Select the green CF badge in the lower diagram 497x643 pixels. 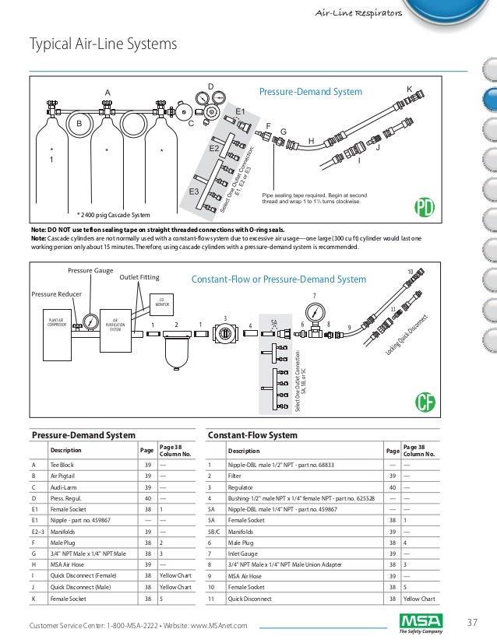pos(424,402)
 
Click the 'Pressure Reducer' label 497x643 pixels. pos(56,294)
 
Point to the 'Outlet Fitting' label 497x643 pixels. pos(140,276)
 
